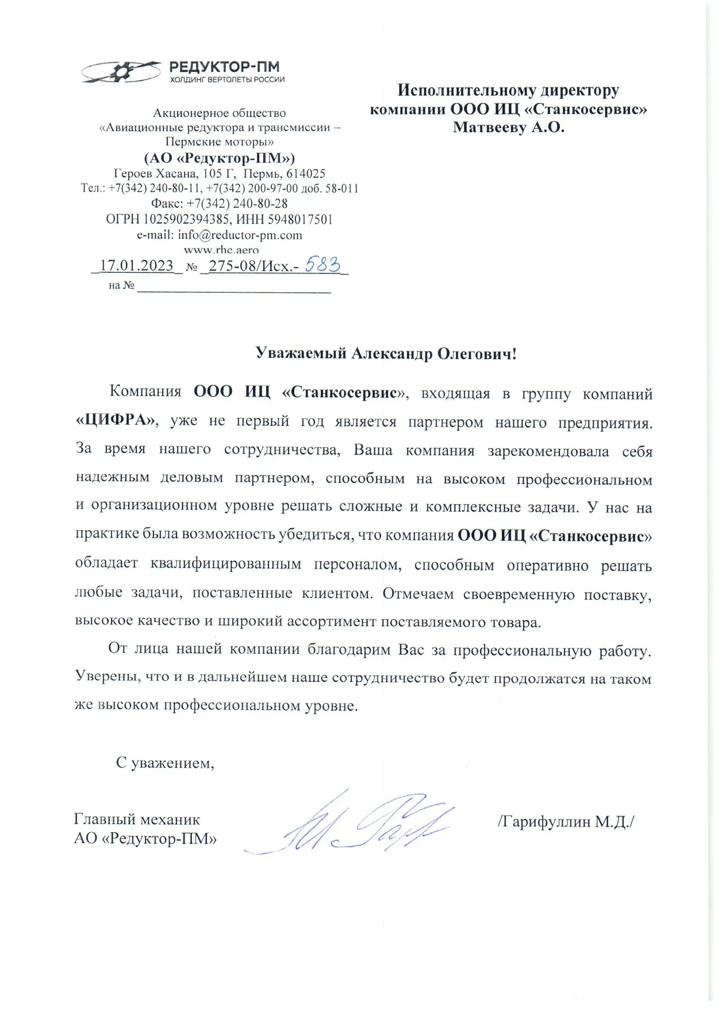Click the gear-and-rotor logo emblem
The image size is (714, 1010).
coord(121,72)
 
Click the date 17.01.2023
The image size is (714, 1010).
coord(137,265)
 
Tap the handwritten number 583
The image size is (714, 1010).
coord(323,264)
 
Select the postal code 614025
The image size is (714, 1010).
coord(306,174)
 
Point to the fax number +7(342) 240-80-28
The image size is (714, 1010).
coord(237,204)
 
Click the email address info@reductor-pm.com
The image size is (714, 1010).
coord(240,235)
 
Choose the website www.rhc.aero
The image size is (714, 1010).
coord(221,250)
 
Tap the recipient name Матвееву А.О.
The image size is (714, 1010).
coord(508,127)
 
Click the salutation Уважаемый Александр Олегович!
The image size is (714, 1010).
coord(386,353)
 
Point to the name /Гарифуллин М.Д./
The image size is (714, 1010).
coord(566,821)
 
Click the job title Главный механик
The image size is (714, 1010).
coord(137,819)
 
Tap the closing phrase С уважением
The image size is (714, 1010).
coord(165,763)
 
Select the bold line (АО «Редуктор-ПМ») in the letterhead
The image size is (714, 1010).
coord(219,158)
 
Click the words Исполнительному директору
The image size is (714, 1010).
coord(508,90)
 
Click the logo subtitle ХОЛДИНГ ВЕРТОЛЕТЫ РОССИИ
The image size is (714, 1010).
coord(227,80)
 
